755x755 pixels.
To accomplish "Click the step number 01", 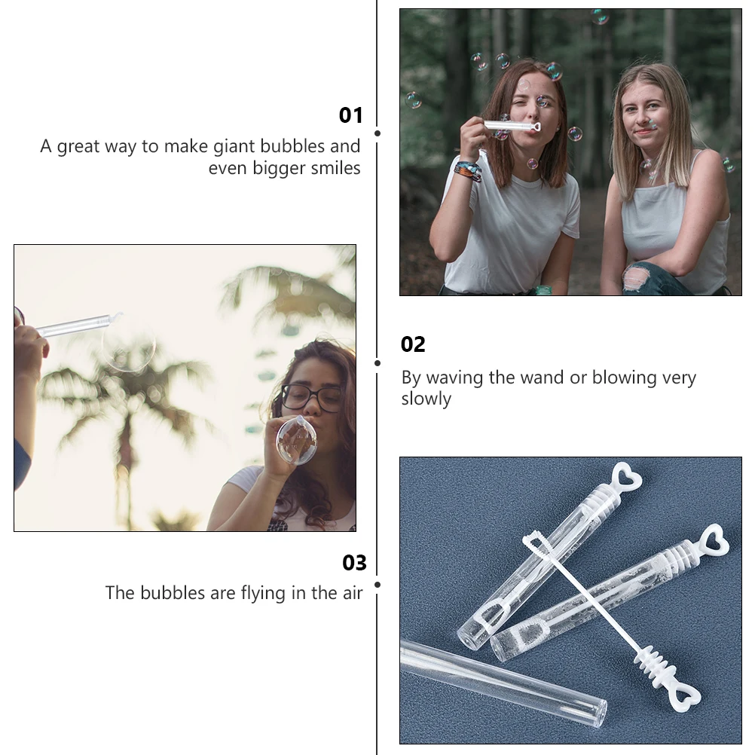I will click(x=350, y=115).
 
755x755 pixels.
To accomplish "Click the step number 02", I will click(x=413, y=344).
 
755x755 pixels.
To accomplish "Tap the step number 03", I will click(x=354, y=563).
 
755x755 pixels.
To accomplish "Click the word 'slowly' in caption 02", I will click(x=426, y=399).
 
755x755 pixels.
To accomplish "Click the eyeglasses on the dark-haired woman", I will click(x=311, y=396).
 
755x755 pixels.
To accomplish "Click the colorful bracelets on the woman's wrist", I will click(x=468, y=170).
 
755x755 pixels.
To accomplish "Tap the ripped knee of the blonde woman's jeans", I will click(x=637, y=279).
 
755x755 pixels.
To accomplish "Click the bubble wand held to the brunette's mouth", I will click(x=512, y=126).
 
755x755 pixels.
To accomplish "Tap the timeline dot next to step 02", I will click(x=377, y=362).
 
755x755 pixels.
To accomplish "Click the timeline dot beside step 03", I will click(x=377, y=584).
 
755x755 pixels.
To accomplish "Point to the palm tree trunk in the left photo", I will click(x=124, y=467).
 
